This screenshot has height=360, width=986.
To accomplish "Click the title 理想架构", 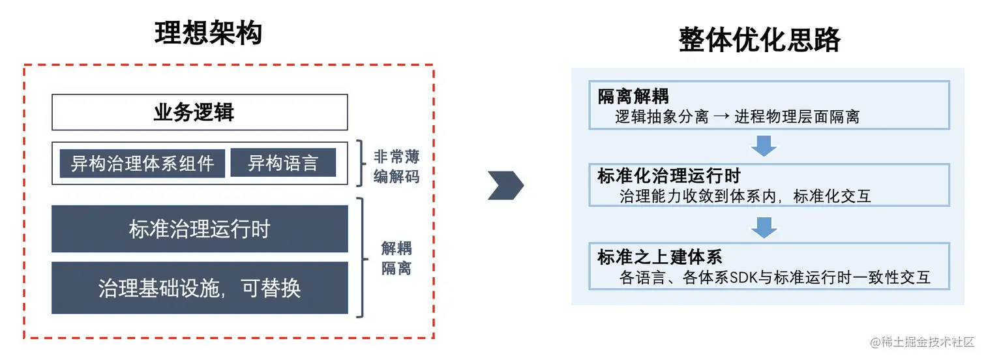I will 209,33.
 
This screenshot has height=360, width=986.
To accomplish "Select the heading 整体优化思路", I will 760,40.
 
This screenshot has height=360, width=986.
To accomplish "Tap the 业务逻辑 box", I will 199,112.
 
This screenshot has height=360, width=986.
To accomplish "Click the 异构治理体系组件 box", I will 142,163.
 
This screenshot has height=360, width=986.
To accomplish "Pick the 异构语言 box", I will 283,163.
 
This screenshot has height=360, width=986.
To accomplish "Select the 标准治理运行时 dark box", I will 199,229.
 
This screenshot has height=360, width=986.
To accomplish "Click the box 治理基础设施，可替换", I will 199,288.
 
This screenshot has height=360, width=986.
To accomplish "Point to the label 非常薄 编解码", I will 396,166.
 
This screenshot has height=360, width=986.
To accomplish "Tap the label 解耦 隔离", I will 396,258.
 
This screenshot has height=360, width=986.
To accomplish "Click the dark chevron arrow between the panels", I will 505,186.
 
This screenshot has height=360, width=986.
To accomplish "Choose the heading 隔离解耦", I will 633,97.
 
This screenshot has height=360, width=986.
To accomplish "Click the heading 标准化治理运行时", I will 668,176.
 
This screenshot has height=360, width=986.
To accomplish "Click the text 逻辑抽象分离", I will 661,117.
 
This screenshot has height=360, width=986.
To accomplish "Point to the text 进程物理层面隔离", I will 796,117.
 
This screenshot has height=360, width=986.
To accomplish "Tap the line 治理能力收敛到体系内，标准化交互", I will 745,196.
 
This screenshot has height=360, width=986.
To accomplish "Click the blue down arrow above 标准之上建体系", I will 764,226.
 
